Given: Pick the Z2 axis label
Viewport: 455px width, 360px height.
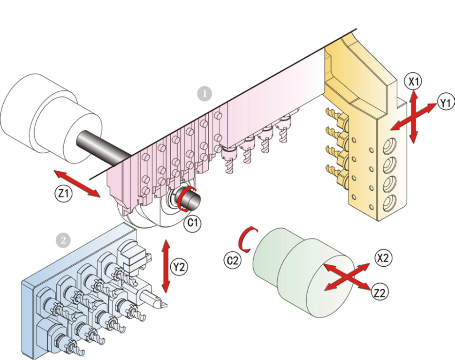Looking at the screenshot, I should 380,292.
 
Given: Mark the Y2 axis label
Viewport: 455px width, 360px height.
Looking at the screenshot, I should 178,267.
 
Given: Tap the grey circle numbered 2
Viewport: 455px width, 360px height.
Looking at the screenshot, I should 63,240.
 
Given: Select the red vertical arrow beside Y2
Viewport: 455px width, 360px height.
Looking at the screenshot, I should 166,266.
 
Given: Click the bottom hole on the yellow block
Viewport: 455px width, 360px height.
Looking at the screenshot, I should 389,203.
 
